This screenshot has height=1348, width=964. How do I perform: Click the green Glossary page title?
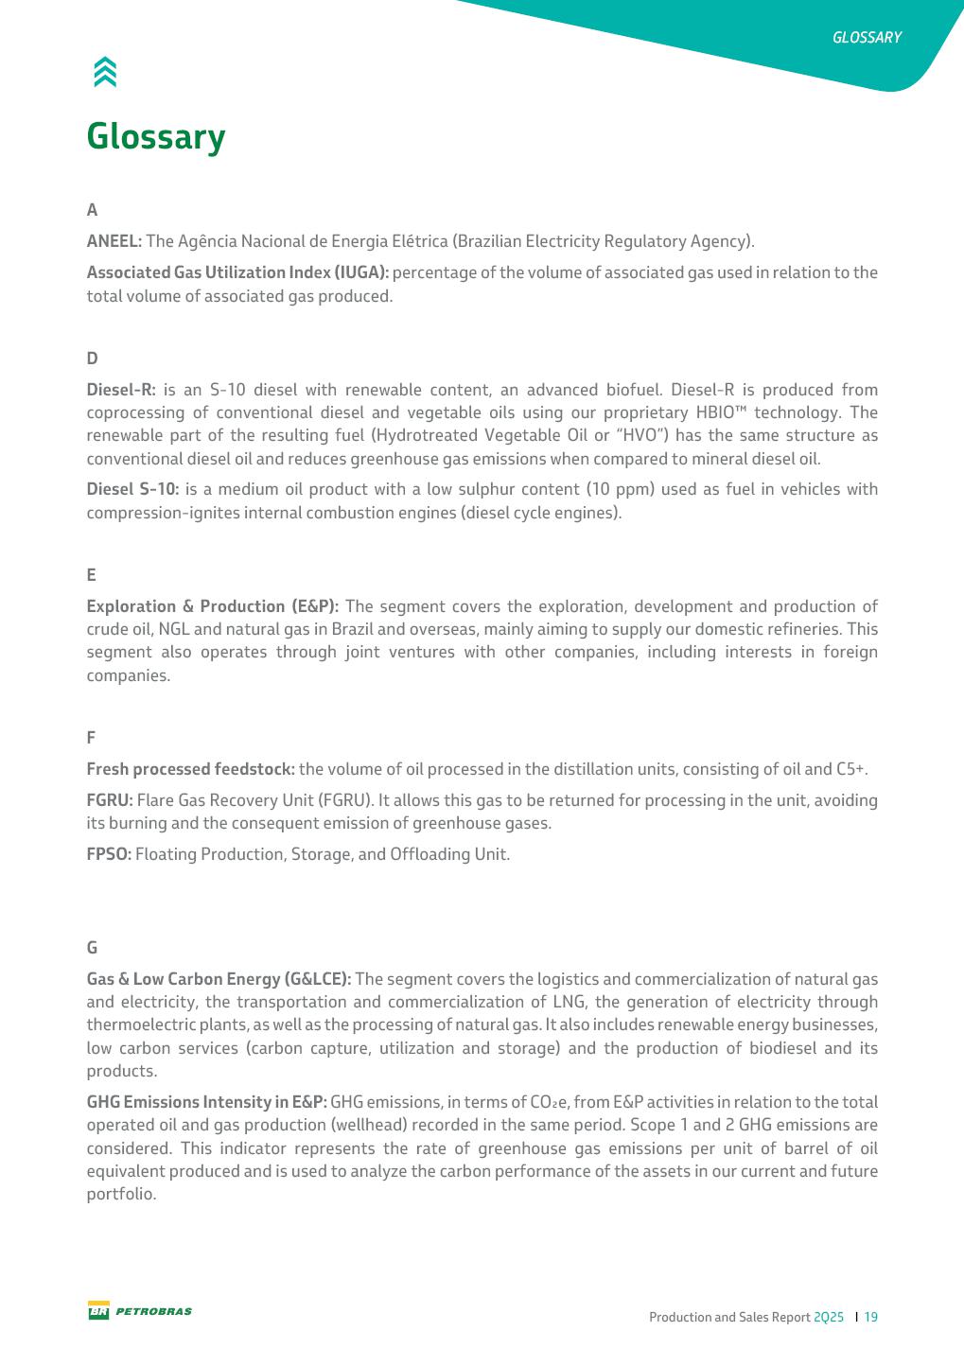[x=156, y=137]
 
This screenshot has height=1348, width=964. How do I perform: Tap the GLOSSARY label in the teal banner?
[x=867, y=38]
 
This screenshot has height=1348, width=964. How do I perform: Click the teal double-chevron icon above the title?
[x=105, y=72]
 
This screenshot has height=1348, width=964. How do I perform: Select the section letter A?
[x=92, y=210]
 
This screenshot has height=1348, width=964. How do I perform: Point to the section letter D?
[x=92, y=359]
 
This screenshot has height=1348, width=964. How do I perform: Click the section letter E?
[x=92, y=575]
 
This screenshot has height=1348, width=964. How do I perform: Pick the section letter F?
[x=91, y=737]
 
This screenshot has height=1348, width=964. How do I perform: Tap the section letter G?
[x=92, y=948]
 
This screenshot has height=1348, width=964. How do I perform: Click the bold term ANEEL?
[x=114, y=241]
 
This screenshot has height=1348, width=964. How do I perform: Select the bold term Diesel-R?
[x=121, y=390]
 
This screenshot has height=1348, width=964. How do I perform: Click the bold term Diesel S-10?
[x=132, y=489]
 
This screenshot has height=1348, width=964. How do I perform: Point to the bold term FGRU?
[x=110, y=800]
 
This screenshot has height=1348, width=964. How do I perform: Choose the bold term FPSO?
[x=109, y=854]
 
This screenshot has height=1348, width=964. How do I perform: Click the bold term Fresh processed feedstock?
[x=191, y=769]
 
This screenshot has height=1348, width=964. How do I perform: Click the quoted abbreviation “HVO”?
[x=645, y=435]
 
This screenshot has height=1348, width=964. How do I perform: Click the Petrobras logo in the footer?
[x=140, y=1311]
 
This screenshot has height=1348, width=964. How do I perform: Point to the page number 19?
[x=871, y=1317]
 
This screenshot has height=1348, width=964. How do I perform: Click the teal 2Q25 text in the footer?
[x=829, y=1317]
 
